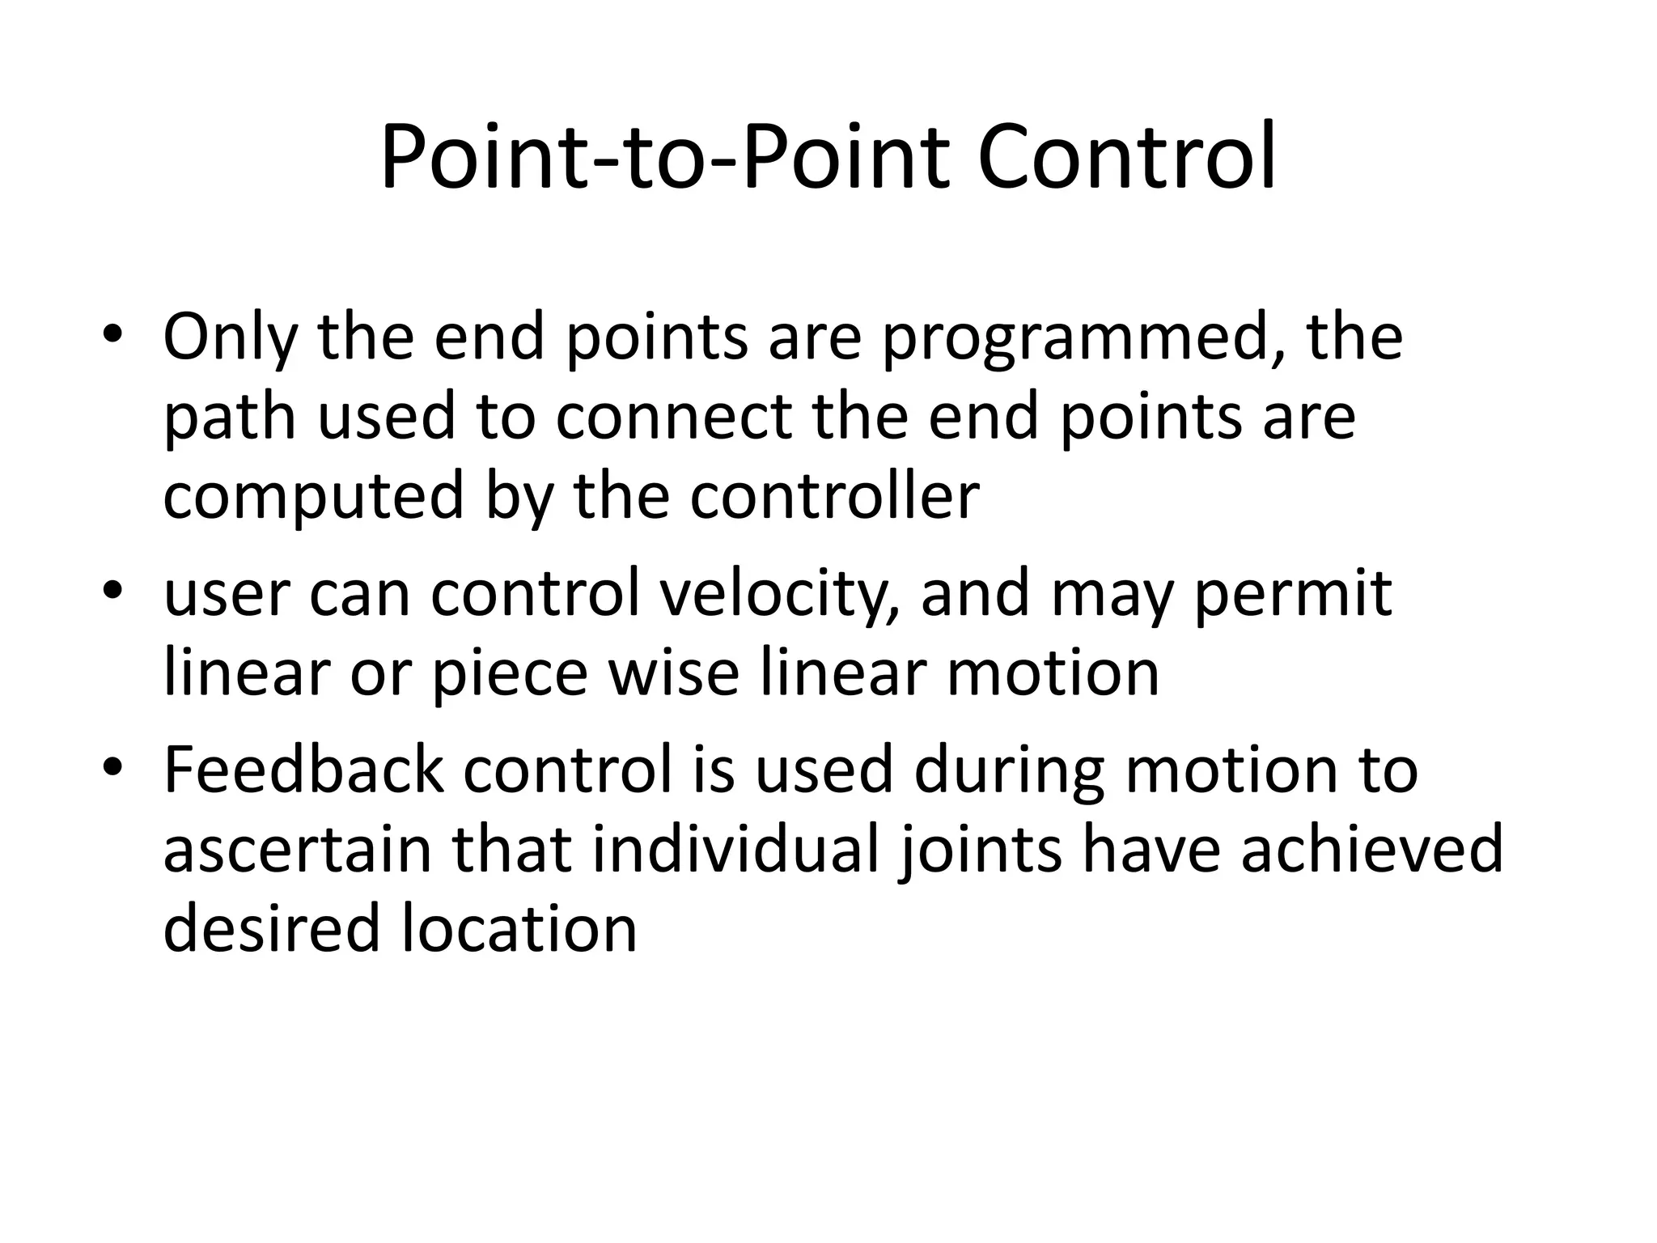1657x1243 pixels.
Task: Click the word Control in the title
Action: click(1126, 156)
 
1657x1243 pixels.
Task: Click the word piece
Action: click(510, 674)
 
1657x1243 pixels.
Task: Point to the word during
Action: click(1009, 771)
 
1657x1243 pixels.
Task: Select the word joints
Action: click(980, 851)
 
